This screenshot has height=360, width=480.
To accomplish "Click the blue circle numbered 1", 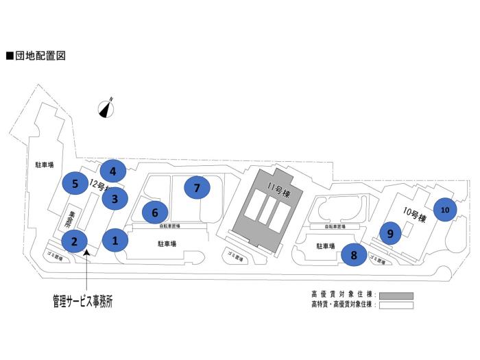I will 115,241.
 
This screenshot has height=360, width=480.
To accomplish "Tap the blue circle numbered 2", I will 74,241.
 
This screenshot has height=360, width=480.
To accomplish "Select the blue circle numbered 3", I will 115,199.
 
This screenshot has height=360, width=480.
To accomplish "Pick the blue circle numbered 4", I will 112,170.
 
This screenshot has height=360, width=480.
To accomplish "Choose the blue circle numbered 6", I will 155,213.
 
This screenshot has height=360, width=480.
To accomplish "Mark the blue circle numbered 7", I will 197,187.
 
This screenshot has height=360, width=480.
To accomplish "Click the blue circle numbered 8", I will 354,255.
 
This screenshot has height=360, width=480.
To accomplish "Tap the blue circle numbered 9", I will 390,233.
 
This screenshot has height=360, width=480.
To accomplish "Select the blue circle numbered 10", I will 445,209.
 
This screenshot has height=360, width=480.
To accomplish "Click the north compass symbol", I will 106,108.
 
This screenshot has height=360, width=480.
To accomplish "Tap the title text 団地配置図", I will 39,56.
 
